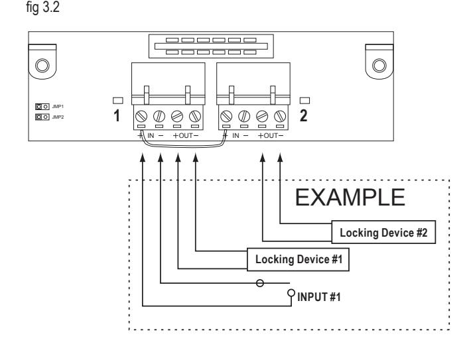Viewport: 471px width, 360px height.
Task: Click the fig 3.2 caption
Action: [42, 7]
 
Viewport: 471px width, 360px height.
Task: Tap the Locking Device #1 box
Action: [298, 259]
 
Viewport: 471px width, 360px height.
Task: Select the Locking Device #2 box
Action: [383, 232]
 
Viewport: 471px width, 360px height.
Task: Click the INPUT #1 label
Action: [318, 297]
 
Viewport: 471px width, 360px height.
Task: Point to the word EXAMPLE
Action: [350, 198]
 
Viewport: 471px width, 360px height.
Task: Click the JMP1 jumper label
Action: [58, 107]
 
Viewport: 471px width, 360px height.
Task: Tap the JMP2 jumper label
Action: [58, 117]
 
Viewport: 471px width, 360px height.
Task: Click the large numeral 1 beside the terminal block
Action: [117, 115]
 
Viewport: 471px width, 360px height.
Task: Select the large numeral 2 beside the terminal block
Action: [304, 115]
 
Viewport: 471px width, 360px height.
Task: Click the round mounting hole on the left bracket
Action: [42, 66]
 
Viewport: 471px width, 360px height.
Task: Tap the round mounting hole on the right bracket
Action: [379, 66]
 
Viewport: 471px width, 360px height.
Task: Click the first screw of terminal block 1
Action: [141, 116]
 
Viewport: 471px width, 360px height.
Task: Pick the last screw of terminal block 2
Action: [280, 116]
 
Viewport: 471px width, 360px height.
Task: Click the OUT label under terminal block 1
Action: [186, 136]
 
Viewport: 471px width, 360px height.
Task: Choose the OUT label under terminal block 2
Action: [271, 136]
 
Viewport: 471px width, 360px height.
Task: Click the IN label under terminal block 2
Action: [235, 136]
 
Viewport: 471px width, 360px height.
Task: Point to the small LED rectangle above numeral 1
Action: [118, 100]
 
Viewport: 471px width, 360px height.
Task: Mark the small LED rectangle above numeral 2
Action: [304, 100]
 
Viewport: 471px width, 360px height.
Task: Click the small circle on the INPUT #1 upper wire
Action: [260, 283]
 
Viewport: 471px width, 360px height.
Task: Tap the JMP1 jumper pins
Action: [42, 107]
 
